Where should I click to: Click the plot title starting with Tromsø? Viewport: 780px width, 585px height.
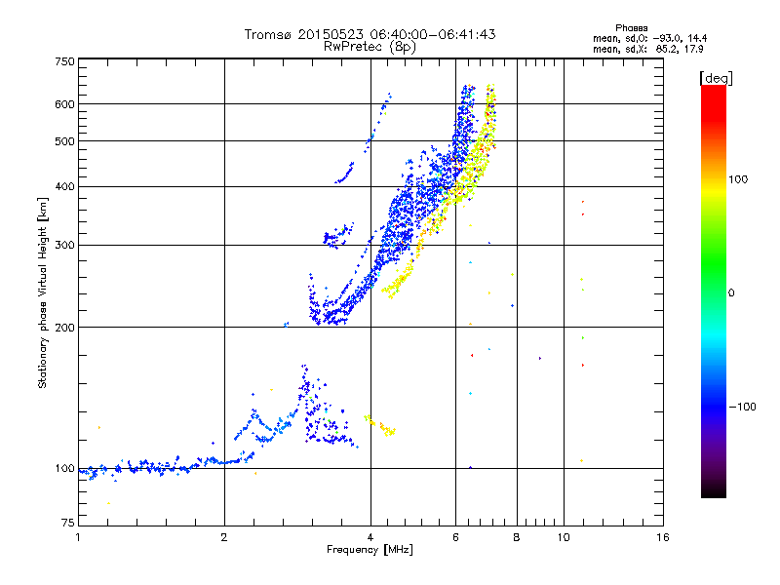click(370, 34)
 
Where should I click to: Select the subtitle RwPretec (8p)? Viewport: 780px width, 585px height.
click(370, 46)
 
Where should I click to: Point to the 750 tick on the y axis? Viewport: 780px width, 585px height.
click(65, 61)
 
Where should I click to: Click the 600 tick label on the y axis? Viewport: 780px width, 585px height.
click(65, 103)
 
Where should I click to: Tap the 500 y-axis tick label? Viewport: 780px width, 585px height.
click(65, 141)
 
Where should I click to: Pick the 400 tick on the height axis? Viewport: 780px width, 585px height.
click(65, 186)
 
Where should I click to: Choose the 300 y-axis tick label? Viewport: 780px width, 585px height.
click(65, 245)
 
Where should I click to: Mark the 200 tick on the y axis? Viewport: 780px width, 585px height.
click(65, 328)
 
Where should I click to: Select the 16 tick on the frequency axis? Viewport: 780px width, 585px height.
click(662, 537)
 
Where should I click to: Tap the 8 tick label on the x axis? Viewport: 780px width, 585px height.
click(517, 537)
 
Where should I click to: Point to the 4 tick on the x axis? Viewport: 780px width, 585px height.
click(370, 537)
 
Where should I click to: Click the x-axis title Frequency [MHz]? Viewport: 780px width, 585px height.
click(370, 551)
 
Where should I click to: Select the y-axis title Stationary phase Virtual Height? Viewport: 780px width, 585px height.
click(43, 293)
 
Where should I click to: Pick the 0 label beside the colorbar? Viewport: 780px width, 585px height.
click(733, 293)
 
